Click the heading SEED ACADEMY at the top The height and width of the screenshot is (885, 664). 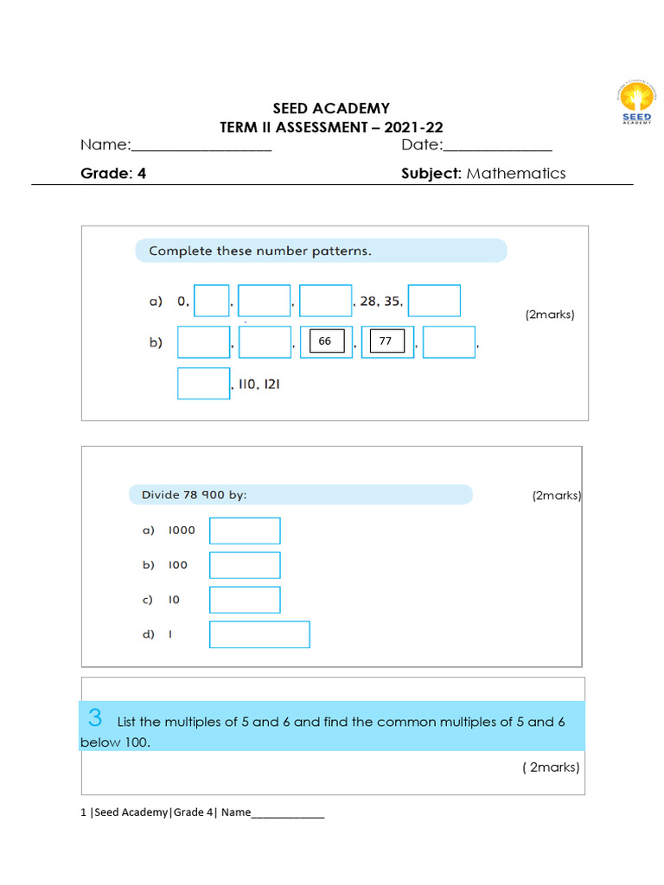pyautogui.click(x=331, y=108)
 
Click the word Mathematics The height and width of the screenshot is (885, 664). pyautogui.click(x=516, y=173)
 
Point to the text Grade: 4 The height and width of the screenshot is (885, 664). pyautogui.click(x=113, y=173)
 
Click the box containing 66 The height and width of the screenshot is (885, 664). pyautogui.click(x=326, y=341)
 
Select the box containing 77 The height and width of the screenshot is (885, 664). pyautogui.click(x=386, y=341)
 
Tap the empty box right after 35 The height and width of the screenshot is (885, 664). pyautogui.click(x=434, y=301)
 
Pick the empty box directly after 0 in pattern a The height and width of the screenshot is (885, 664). pyautogui.click(x=212, y=301)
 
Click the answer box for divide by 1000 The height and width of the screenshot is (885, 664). pyautogui.click(x=245, y=531)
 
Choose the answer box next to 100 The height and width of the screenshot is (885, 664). pyautogui.click(x=245, y=565)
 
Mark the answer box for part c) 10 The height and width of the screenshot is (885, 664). pyautogui.click(x=245, y=600)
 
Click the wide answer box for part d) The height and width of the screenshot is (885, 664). pyautogui.click(x=259, y=634)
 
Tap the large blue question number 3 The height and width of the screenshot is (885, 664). pyautogui.click(x=95, y=717)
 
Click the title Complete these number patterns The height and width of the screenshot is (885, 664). pyautogui.click(x=260, y=251)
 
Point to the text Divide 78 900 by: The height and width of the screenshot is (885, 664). pyautogui.click(x=188, y=494)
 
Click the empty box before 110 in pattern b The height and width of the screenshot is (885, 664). pyautogui.click(x=204, y=384)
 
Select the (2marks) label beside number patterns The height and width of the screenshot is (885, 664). pyautogui.click(x=549, y=315)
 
